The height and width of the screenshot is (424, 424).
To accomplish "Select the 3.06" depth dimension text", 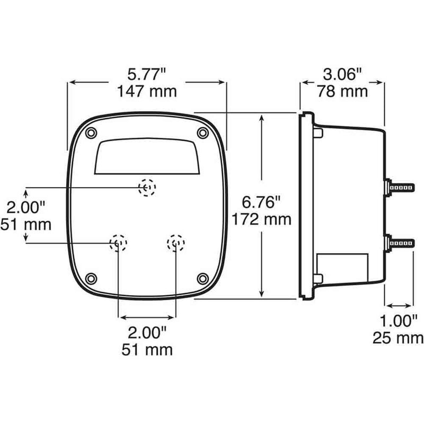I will tap(342, 73).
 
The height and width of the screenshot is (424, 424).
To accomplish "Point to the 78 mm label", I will tap(342, 91).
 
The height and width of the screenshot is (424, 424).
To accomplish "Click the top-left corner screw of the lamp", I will tap(91, 132).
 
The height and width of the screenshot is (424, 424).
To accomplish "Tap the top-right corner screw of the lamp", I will tap(202, 132).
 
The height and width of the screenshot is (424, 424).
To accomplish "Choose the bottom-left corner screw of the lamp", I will tap(91, 278).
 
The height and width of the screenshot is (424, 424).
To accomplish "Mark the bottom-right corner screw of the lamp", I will tap(202, 278).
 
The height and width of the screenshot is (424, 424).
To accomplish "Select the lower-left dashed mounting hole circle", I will tap(118, 243).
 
